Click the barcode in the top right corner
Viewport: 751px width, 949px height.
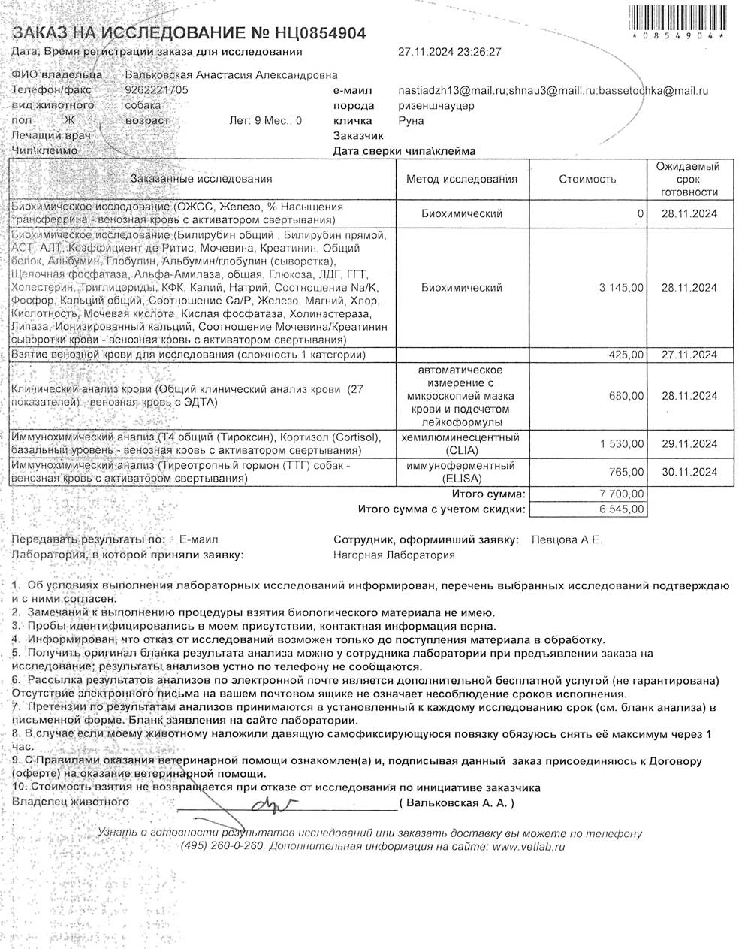pyautogui.click(x=678, y=19)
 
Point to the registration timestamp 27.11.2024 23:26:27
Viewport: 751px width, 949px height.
pyautogui.click(x=449, y=52)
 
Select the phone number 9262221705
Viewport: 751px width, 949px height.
pyautogui.click(x=156, y=89)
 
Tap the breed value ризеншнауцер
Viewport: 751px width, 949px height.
pyautogui.click(x=436, y=106)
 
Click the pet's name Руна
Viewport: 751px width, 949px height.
pyautogui.click(x=411, y=120)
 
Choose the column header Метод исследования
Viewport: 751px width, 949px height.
pyautogui.click(x=461, y=179)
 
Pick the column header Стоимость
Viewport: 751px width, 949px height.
pyautogui.click(x=587, y=179)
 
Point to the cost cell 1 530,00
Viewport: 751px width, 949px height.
pyautogui.click(x=621, y=444)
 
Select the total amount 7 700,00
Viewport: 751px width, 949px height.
pyautogui.click(x=621, y=494)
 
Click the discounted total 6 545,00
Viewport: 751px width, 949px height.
pyautogui.click(x=621, y=509)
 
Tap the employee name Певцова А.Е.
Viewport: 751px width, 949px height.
pyautogui.click(x=566, y=539)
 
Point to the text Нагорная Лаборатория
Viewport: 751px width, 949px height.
pyautogui.click(x=394, y=555)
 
